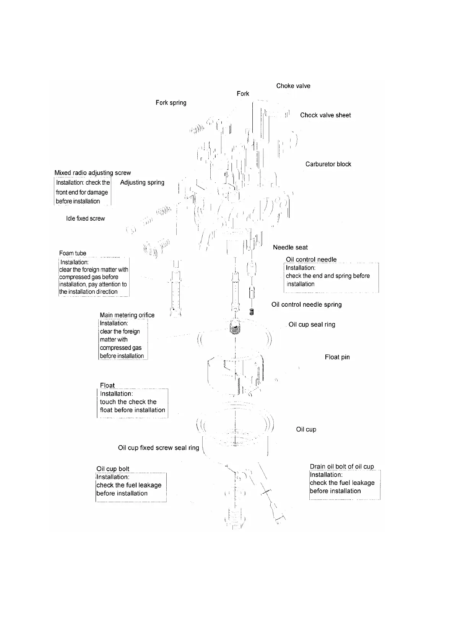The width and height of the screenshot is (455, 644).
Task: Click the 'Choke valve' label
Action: coord(293,86)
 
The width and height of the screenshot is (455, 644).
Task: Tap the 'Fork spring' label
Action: coord(171,103)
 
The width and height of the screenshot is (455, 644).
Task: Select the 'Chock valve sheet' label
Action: coord(325,115)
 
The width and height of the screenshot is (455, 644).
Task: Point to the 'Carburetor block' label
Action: coord(328,164)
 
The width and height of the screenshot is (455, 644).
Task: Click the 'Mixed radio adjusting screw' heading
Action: coord(93,173)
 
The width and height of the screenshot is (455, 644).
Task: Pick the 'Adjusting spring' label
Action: coord(142,182)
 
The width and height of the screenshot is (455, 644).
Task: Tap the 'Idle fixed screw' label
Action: coord(85,218)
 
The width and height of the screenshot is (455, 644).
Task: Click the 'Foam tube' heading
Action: coord(73,253)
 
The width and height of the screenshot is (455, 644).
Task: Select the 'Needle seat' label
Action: coord(290,247)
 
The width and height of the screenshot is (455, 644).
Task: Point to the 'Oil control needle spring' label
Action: coord(306,305)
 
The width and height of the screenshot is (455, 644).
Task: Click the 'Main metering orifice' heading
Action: coord(127,315)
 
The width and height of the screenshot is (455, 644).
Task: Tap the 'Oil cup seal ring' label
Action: coord(312,325)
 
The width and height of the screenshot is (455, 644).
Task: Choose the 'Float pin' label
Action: coord(337,357)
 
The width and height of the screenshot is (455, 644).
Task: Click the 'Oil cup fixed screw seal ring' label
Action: coord(158,448)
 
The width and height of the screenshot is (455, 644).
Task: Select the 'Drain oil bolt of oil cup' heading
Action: coord(342,467)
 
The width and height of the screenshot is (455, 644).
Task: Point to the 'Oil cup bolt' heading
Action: coord(113,469)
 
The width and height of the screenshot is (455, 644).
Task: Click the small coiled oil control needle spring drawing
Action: coord(251,311)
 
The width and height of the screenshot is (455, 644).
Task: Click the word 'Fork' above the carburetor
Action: coord(243,94)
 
